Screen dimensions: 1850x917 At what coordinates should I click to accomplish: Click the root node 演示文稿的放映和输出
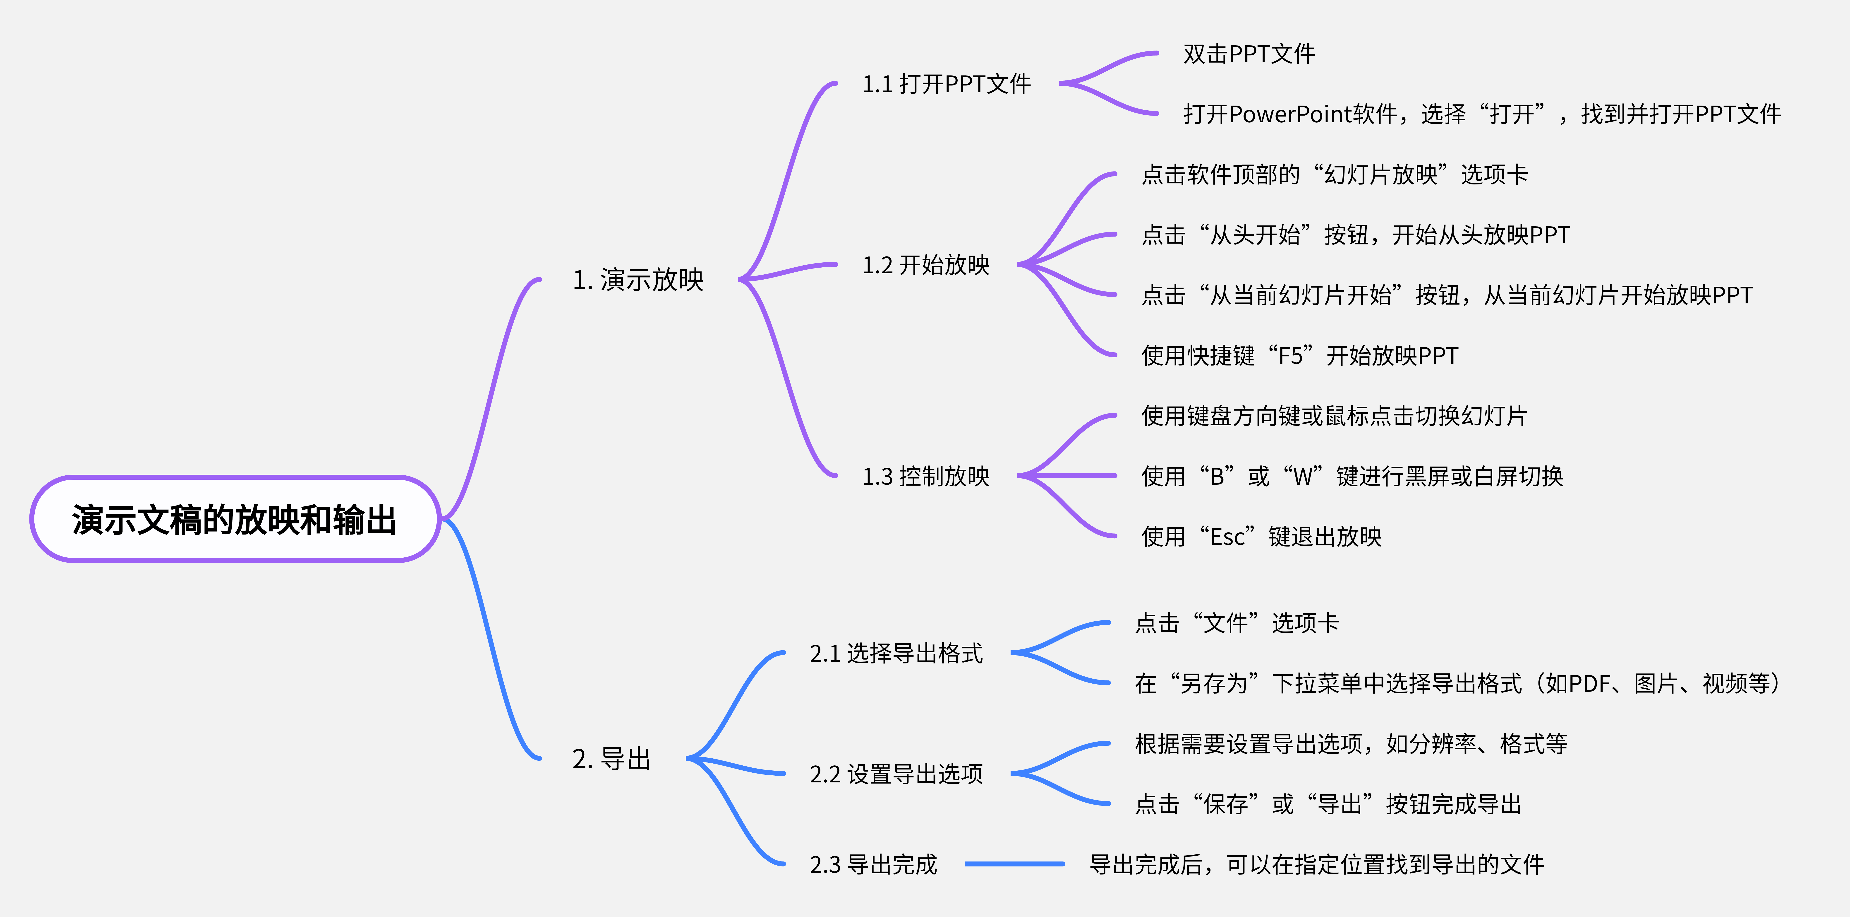click(234, 519)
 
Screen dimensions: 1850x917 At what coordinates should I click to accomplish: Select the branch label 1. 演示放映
click(638, 280)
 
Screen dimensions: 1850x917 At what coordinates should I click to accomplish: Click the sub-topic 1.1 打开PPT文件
click(946, 84)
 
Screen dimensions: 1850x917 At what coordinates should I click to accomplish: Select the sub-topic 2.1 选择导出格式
click(896, 653)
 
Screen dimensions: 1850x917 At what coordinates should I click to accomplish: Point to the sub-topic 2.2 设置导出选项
click(896, 774)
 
